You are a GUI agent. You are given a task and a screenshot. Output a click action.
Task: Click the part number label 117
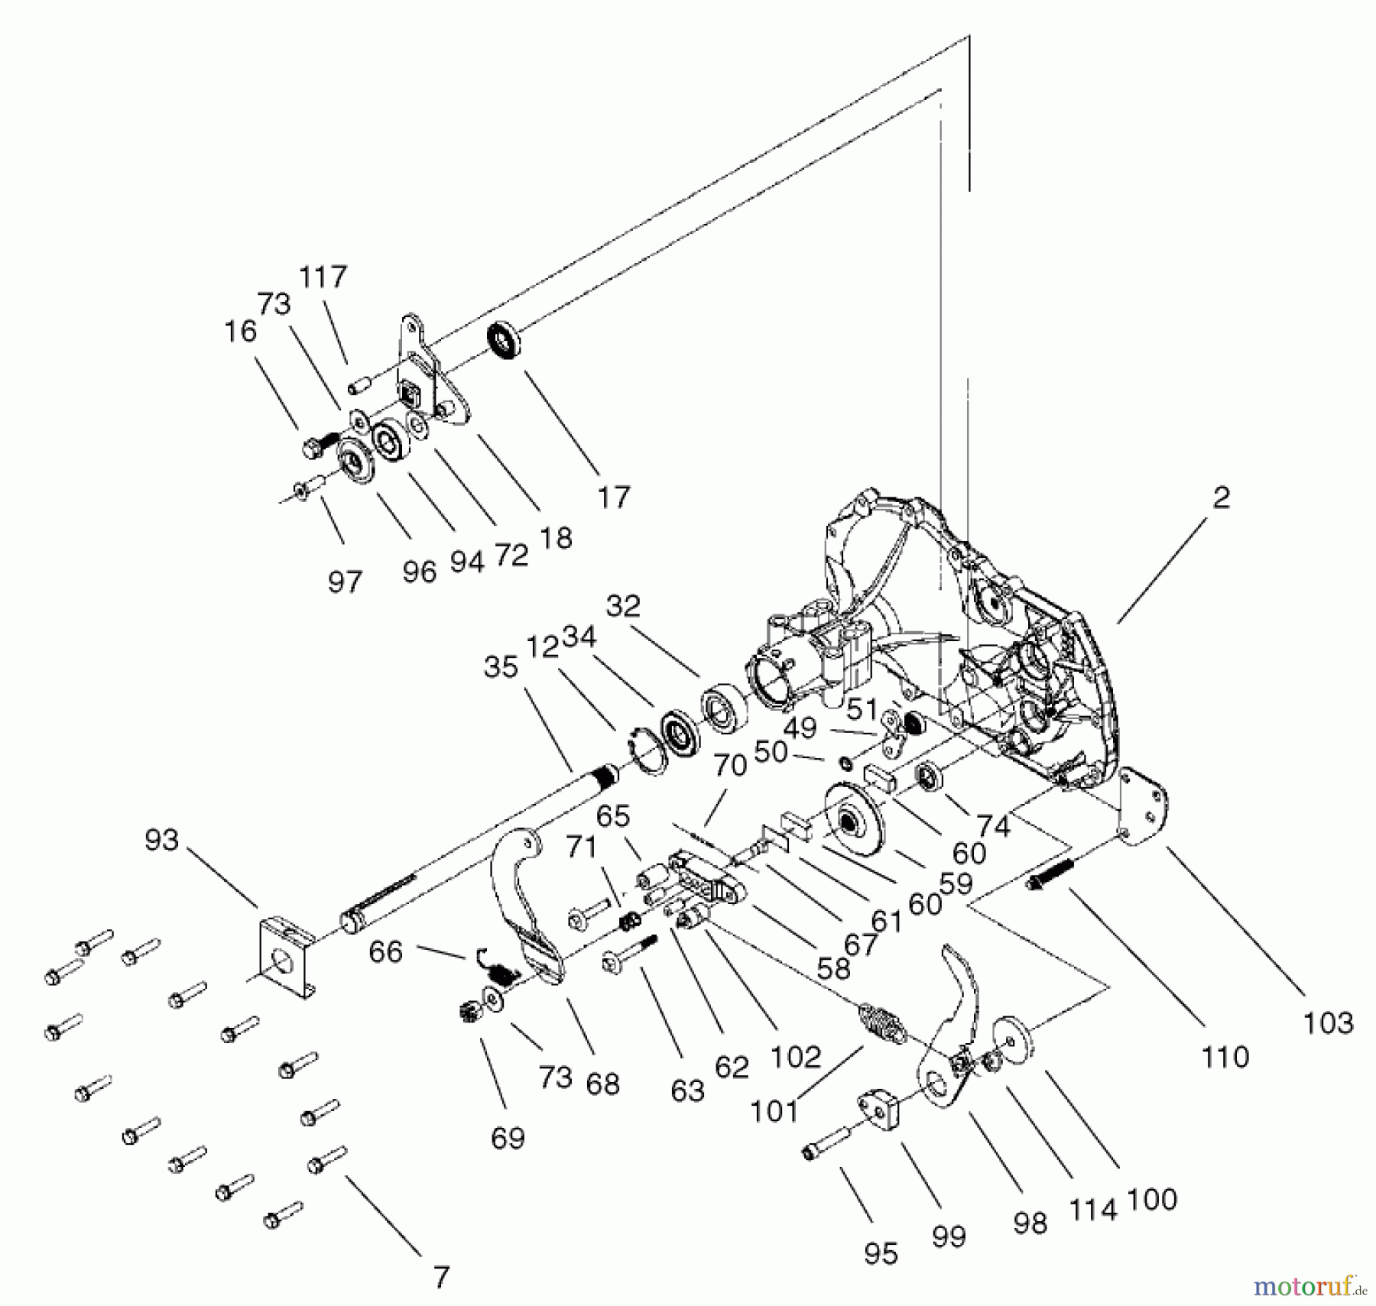click(x=323, y=277)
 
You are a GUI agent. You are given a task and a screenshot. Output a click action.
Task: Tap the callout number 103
click(x=1329, y=1022)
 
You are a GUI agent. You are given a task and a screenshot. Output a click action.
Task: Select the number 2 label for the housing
click(x=1222, y=497)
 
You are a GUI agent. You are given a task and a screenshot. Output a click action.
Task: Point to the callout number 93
click(x=161, y=841)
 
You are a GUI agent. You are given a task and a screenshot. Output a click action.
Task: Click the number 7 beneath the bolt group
click(x=441, y=1277)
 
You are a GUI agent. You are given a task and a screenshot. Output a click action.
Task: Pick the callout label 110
click(x=1225, y=1058)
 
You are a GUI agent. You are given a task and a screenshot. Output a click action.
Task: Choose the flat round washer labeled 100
click(x=1013, y=1042)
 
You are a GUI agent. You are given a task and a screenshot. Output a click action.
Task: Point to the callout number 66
click(x=385, y=952)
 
